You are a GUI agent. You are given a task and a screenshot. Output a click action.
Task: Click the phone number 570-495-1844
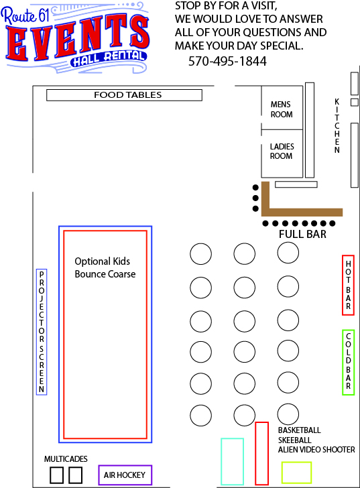227,61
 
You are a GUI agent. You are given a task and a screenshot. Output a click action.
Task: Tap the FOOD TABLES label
128,95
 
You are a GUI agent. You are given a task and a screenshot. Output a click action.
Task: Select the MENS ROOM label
282,109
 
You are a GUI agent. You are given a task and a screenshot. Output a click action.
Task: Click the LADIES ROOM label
282,151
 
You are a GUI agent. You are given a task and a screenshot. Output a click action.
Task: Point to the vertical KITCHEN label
337,126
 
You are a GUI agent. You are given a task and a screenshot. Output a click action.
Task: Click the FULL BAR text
302,234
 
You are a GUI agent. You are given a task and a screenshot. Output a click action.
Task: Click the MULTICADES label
66,459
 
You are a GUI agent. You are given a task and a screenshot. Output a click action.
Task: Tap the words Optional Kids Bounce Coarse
105,267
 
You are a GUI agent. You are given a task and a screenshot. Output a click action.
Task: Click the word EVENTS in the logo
77,38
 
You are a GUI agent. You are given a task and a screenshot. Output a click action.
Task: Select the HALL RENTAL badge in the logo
109,59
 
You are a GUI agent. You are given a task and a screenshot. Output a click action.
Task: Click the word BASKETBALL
299,430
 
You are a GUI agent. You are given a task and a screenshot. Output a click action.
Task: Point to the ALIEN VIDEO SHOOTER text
316,450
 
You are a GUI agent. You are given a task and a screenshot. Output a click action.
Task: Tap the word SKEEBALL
295,440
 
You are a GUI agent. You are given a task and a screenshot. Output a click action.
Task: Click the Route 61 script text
25,15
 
